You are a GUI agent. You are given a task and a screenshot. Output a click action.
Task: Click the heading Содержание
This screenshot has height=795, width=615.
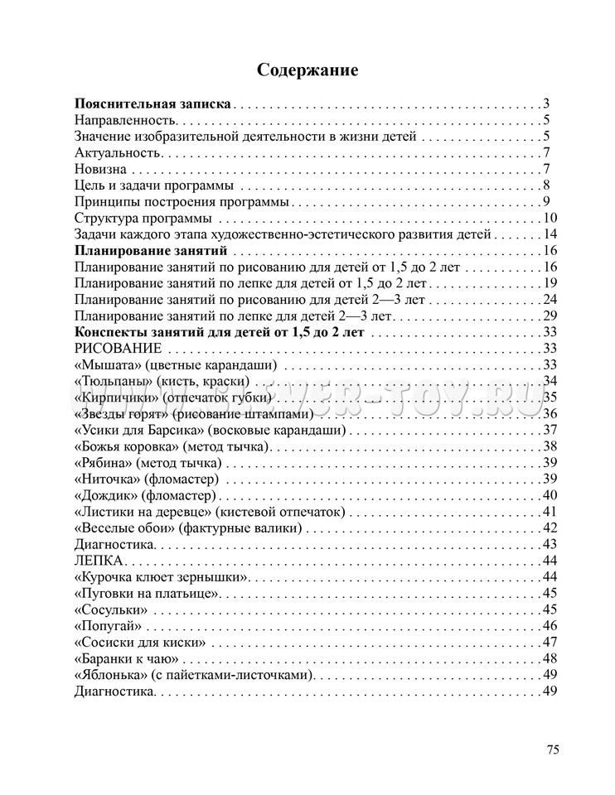pos(307,70)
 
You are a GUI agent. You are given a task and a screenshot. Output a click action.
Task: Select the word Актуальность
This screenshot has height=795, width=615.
pos(116,152)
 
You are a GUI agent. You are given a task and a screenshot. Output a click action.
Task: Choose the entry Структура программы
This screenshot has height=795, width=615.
pos(142,218)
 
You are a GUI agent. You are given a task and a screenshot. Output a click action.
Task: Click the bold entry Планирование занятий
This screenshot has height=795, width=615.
pos(151,250)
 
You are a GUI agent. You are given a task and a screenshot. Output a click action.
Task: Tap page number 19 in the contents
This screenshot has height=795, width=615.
pos(550,283)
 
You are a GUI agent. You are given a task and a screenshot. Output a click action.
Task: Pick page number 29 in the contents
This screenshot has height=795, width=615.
pos(550,316)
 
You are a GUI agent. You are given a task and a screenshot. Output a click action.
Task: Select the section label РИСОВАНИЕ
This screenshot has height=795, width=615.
pos(118,348)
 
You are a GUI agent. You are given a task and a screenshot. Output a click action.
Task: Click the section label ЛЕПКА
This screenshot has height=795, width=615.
pos(98,560)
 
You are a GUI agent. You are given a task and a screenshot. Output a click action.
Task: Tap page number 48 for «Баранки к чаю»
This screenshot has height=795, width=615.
pos(550,658)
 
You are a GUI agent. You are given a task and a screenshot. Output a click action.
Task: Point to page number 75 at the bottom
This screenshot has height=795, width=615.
pos(553,749)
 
